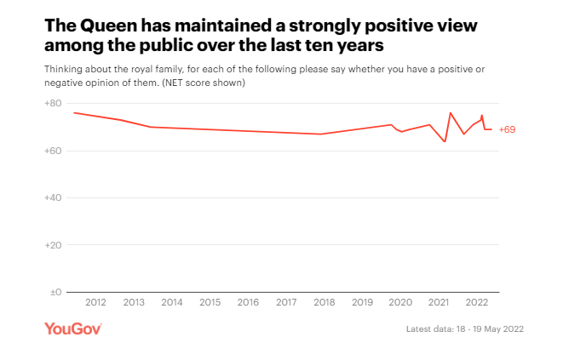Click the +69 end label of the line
click(x=506, y=129)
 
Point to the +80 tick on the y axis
click(x=53, y=104)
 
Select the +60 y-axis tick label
click(x=53, y=151)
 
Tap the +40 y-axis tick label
click(x=53, y=197)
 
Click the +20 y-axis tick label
click(x=53, y=245)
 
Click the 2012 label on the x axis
click(x=95, y=303)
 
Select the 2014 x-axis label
click(x=172, y=303)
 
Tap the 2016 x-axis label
click(x=248, y=303)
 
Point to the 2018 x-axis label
click(x=325, y=303)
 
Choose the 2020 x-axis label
click(x=400, y=303)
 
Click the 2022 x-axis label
click(x=477, y=303)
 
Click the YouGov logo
click(x=73, y=329)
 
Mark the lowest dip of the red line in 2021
click(x=445, y=141)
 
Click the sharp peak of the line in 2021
click(x=451, y=112)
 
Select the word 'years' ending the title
click(x=371, y=45)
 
